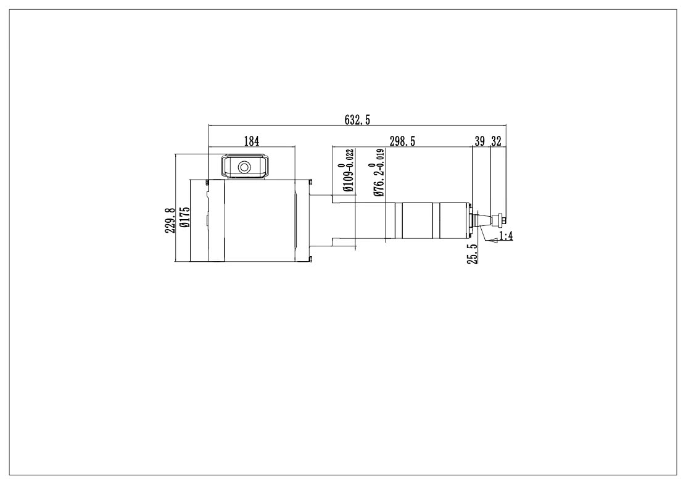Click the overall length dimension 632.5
(357, 120)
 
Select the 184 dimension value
(252, 141)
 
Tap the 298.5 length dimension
(402, 141)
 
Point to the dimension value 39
(480, 141)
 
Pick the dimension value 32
(496, 141)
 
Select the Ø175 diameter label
(184, 217)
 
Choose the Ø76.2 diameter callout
(378, 180)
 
